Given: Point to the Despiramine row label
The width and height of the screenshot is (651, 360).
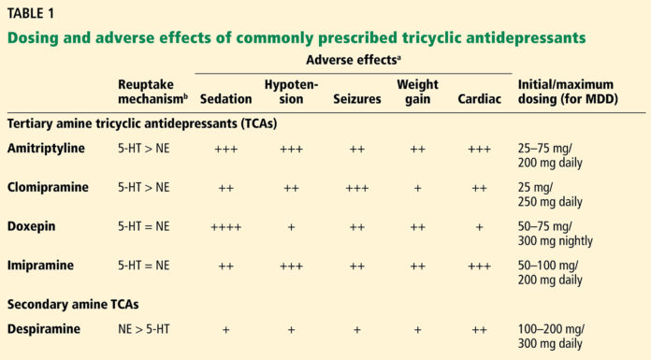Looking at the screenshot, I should click(45, 330).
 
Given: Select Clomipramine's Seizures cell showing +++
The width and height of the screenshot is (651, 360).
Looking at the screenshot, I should click(356, 187).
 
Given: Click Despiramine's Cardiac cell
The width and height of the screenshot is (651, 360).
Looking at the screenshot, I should click(478, 330).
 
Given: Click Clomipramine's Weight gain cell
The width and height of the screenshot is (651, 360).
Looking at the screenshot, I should click(417, 187).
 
